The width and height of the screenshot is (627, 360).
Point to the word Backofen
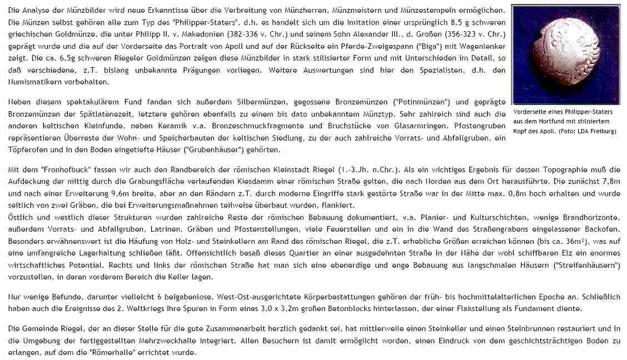point(604,228)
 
